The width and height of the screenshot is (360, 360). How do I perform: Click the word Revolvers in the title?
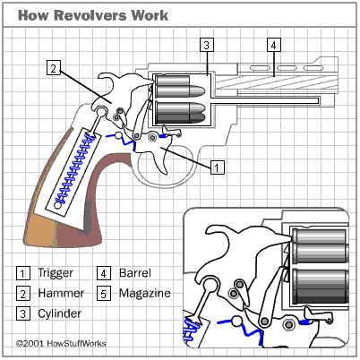click(x=90, y=15)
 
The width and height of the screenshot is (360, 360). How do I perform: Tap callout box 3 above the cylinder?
click(x=207, y=45)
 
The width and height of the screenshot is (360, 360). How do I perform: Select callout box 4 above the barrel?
click(x=273, y=45)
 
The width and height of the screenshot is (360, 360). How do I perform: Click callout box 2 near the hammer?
click(x=54, y=68)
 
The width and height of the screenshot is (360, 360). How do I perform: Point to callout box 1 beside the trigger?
click(x=218, y=167)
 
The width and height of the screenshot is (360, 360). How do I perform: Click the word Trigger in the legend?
click(x=56, y=273)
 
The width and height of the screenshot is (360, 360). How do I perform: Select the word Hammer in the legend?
click(x=61, y=293)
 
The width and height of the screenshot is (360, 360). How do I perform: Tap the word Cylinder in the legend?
click(x=60, y=313)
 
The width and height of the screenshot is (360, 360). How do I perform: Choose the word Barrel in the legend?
click(x=135, y=273)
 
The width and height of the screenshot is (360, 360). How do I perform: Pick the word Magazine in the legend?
click(x=145, y=293)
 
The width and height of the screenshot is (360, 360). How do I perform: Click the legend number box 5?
click(x=104, y=294)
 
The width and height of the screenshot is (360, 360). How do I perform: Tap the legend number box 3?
click(x=23, y=314)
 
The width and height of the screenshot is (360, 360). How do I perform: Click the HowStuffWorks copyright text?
click(x=61, y=343)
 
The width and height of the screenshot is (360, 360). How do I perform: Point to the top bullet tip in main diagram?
click(x=204, y=90)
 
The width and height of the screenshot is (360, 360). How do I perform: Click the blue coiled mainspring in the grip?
click(x=73, y=167)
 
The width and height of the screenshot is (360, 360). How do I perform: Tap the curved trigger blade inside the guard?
click(x=160, y=164)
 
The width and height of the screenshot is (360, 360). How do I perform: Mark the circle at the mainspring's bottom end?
click(x=58, y=205)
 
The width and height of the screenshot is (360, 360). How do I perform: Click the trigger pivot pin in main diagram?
click(x=152, y=137)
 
